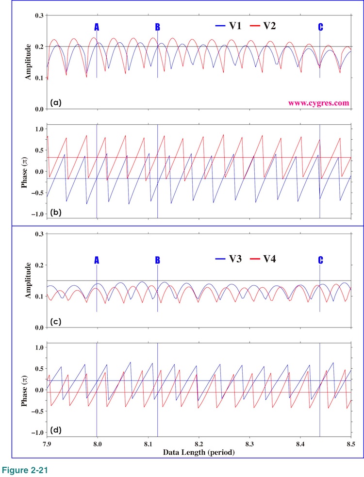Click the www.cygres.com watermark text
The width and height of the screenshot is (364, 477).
(x=319, y=103)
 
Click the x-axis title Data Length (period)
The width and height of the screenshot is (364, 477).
(x=199, y=452)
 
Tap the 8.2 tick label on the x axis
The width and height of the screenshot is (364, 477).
(x=199, y=444)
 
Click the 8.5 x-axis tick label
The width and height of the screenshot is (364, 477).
(x=351, y=444)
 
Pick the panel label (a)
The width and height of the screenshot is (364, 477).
(x=56, y=102)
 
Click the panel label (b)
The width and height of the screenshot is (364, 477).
(x=56, y=212)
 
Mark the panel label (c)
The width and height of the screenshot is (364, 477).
(x=56, y=321)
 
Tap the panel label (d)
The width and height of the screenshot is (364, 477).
(x=56, y=429)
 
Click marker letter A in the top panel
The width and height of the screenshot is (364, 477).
(x=97, y=27)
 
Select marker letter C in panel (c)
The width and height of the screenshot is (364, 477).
(x=320, y=260)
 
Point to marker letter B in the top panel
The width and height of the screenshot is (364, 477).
(x=157, y=27)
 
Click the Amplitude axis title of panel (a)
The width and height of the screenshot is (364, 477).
(x=29, y=62)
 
